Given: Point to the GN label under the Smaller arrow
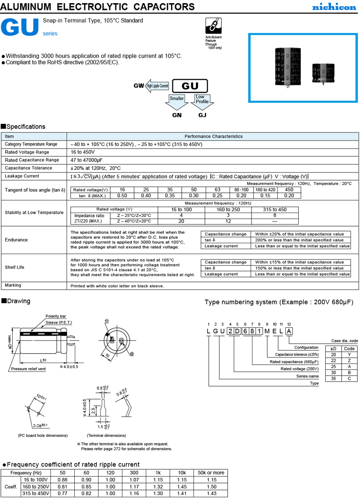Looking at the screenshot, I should point(177,115).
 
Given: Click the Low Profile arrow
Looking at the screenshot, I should point(202,101).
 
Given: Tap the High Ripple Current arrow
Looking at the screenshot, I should point(156,86).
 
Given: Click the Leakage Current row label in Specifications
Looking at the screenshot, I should point(22,176).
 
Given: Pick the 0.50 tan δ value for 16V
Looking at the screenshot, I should point(122,196).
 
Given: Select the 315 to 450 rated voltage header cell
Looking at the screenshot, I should point(274,209).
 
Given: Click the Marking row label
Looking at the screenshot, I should point(13,286).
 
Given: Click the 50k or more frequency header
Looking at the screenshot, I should point(211,473).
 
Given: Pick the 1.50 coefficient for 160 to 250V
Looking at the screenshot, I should point(211,486).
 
